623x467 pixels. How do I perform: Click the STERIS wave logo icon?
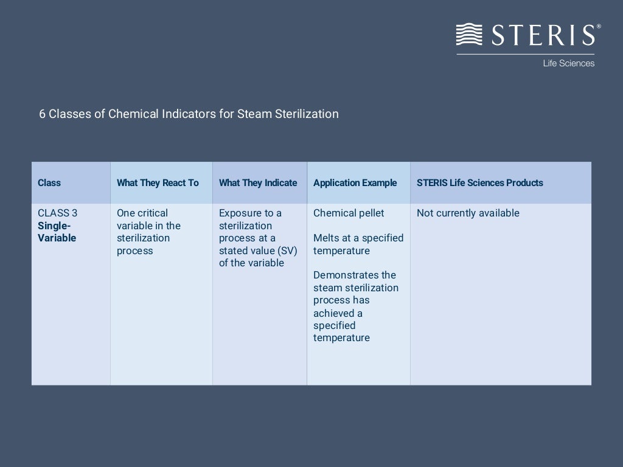point(470,34)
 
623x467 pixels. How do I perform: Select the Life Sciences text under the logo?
point(568,63)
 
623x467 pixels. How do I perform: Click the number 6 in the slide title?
point(42,114)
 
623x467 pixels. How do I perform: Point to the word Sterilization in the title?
point(307,114)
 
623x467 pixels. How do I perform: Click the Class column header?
point(49,183)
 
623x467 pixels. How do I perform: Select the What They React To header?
point(158,183)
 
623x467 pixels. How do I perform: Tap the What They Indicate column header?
point(258,183)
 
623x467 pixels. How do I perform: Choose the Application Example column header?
point(355,183)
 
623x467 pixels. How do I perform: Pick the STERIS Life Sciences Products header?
point(480,183)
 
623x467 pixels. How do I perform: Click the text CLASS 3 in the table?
point(58,213)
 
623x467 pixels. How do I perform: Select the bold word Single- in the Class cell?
point(54,226)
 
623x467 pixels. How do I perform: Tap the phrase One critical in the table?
point(142,213)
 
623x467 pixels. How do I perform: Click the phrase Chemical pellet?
point(349,213)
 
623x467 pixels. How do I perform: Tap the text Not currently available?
point(468,213)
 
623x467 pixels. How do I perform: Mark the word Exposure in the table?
point(238,213)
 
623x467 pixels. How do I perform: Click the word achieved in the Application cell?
point(333,313)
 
